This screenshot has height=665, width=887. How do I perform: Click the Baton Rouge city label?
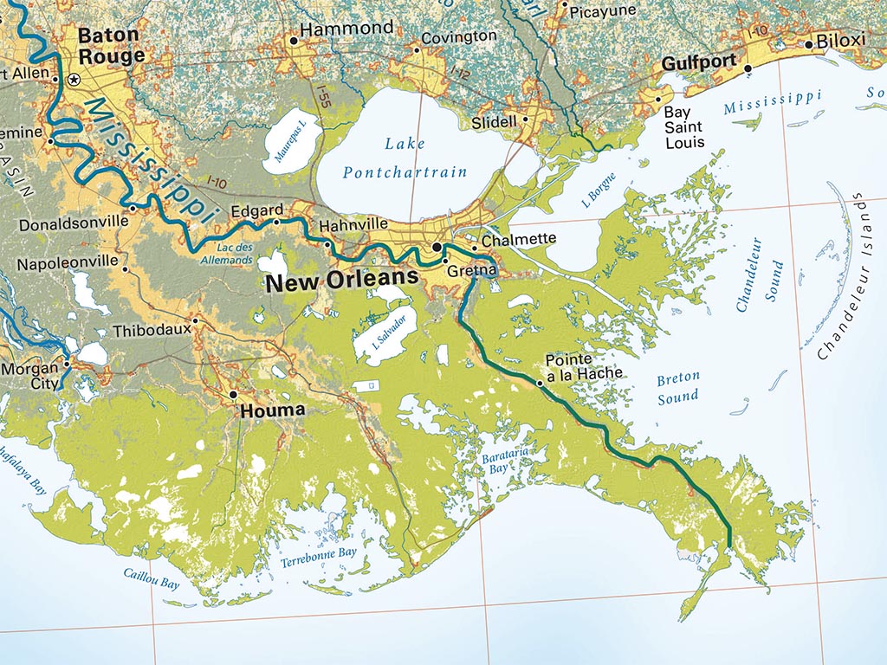[111, 46]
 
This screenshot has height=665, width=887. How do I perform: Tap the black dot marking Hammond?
[294, 40]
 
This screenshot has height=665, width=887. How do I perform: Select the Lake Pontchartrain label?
[405, 157]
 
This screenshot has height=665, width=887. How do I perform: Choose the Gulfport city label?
[699, 64]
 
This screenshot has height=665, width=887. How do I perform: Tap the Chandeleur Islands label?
[850, 277]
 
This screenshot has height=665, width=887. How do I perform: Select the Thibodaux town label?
[150, 331]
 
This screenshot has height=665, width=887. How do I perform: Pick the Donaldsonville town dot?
[133, 209]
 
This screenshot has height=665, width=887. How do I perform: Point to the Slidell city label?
[494, 123]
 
